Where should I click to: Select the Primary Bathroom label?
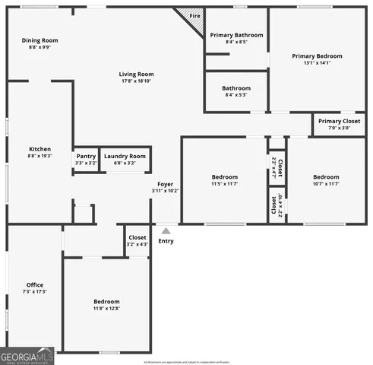pyautogui.click(x=236, y=35)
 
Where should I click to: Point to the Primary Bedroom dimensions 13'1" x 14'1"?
pyautogui.click(x=317, y=64)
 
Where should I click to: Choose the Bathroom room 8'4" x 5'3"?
pyautogui.click(x=236, y=92)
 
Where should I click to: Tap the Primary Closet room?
pyautogui.click(x=339, y=124)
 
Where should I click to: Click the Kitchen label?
pyautogui.click(x=40, y=149)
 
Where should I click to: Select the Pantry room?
pyautogui.click(x=86, y=160)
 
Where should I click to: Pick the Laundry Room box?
pyautogui.click(x=125, y=160)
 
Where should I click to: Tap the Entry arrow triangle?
pyautogui.click(x=166, y=230)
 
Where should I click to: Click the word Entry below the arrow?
pyautogui.click(x=166, y=241)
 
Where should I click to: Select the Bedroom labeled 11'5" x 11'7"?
pyautogui.click(x=224, y=180)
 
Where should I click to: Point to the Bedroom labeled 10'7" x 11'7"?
pyautogui.click(x=325, y=180)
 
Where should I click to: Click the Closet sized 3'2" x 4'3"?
pyautogui.click(x=138, y=240)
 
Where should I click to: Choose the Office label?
pyautogui.click(x=35, y=285)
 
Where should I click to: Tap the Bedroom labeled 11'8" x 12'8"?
pyautogui.click(x=106, y=304)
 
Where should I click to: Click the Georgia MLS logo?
pyautogui.click(x=27, y=357)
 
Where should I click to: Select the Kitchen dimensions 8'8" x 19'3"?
pyautogui.click(x=40, y=156)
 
